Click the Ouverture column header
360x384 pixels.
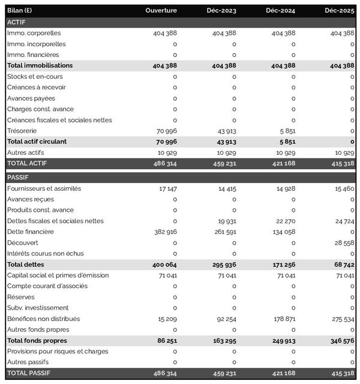[161, 11]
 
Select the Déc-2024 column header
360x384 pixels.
[280, 11]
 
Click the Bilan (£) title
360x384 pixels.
[20, 11]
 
